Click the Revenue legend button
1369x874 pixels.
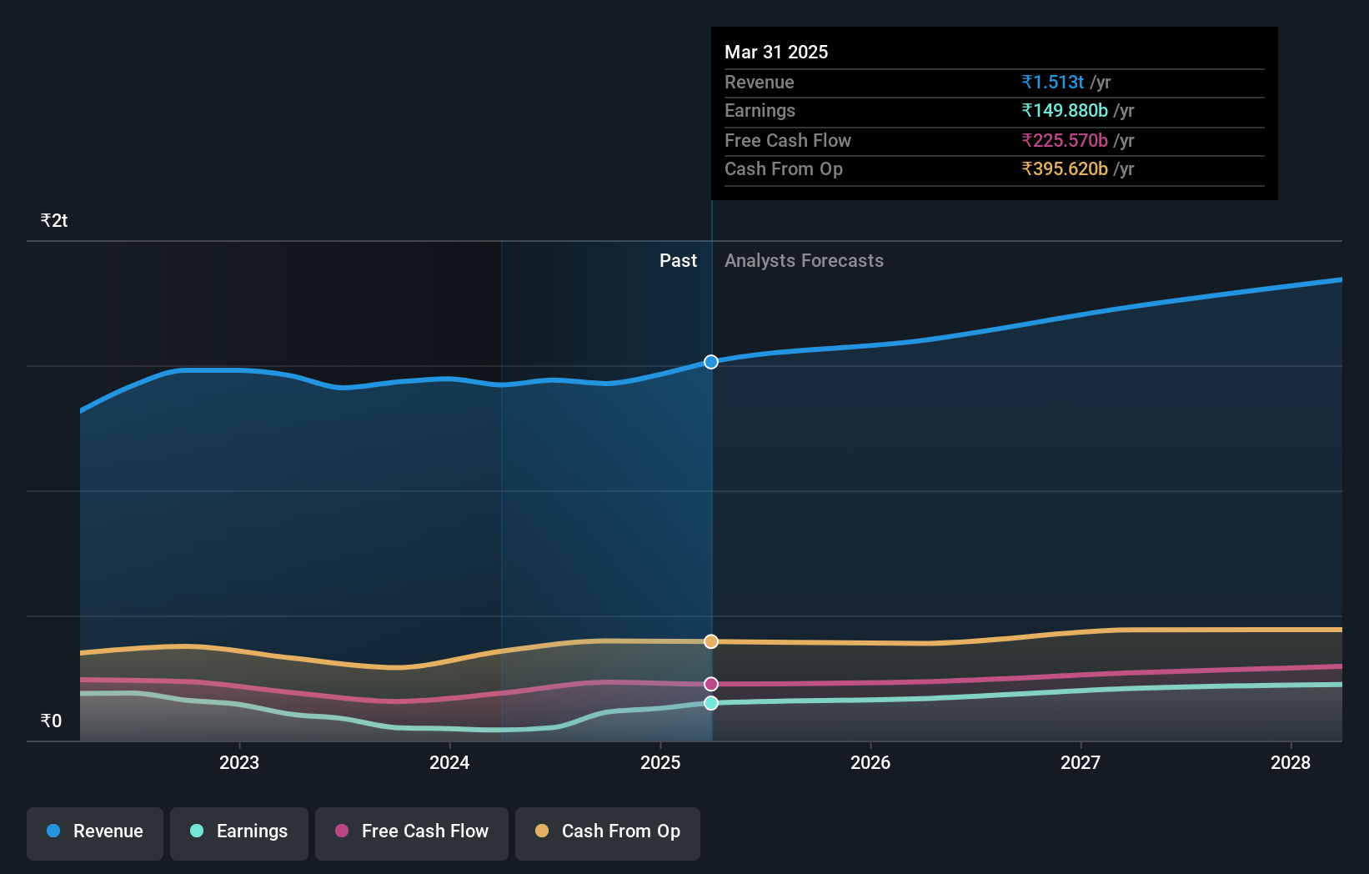click(95, 832)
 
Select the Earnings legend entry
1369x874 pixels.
click(239, 832)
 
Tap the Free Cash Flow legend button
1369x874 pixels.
click(412, 832)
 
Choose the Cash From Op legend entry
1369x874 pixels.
click(608, 832)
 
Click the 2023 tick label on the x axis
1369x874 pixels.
click(239, 762)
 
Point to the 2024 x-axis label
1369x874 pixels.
click(449, 762)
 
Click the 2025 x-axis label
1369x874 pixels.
click(660, 762)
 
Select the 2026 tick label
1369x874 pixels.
click(870, 762)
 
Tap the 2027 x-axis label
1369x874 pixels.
click(1081, 762)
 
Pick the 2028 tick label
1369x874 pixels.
click(1291, 762)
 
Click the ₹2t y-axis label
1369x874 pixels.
click(54, 220)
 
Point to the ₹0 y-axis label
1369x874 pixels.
click(52, 721)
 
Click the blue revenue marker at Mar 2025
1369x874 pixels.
click(711, 362)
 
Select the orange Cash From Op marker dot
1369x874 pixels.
click(711, 641)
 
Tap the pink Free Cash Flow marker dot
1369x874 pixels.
click(711, 684)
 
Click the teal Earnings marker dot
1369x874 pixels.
click(711, 703)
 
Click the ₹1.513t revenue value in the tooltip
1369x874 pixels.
click(1053, 82)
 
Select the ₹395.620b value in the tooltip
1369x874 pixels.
click(1065, 168)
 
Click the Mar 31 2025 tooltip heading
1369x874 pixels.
click(776, 52)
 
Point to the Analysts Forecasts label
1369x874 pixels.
click(804, 260)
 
